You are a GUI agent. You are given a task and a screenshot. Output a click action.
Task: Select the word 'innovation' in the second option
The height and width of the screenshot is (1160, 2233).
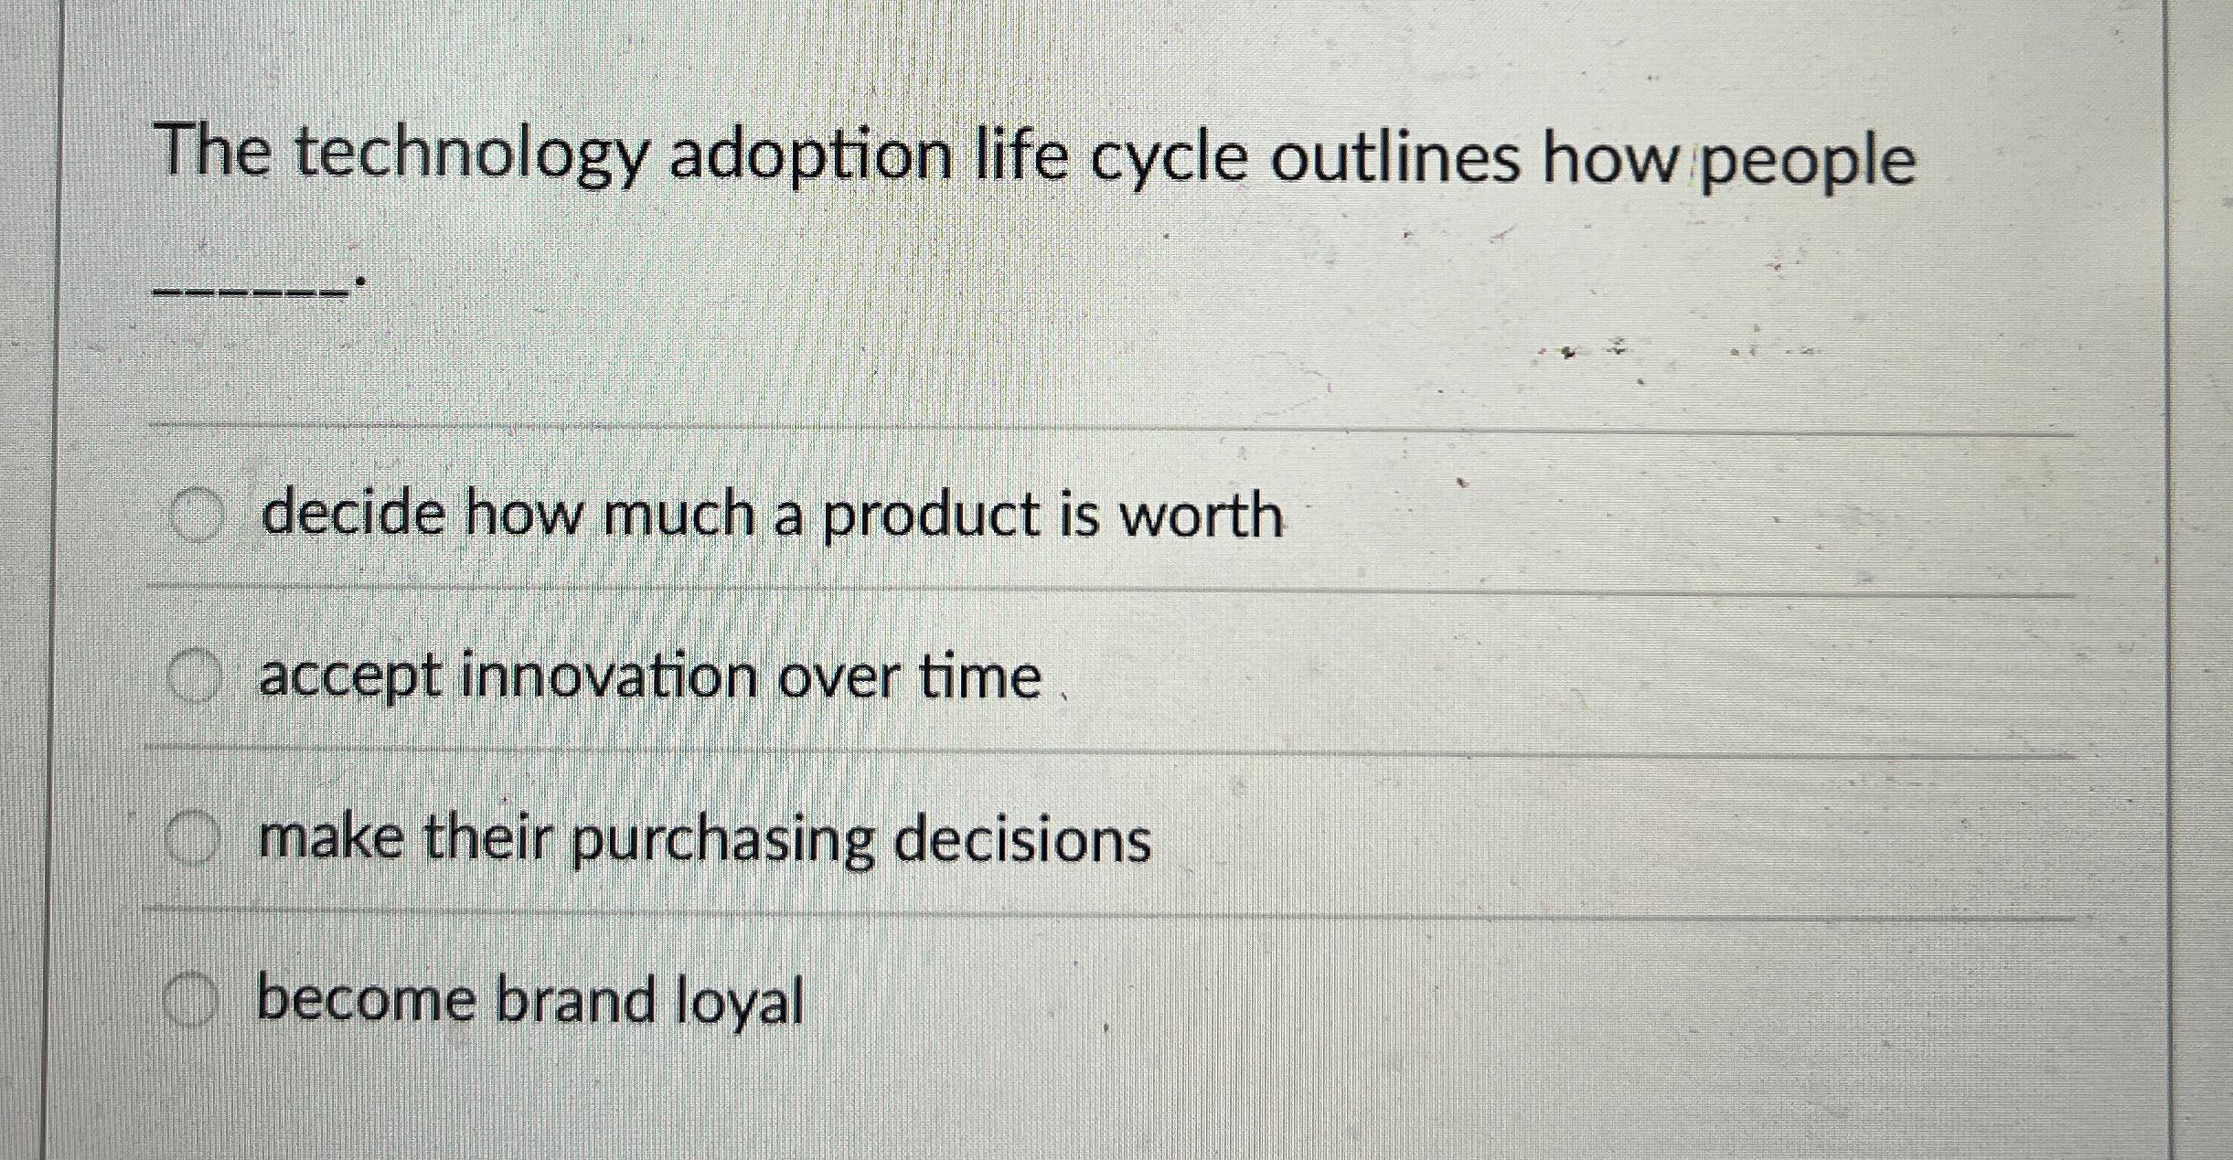point(609,677)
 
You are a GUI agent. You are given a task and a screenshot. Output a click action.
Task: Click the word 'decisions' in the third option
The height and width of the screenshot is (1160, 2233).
point(1021,839)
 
